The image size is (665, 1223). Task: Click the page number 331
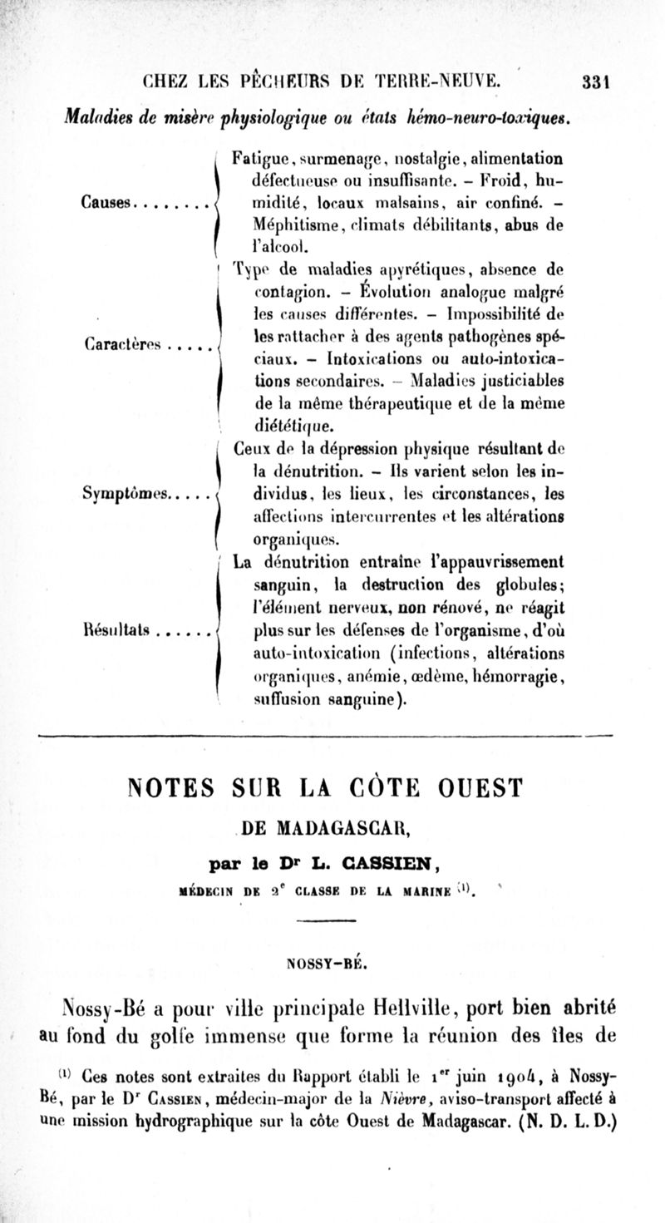[x=597, y=81]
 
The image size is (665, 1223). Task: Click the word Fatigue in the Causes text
[x=259, y=155]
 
